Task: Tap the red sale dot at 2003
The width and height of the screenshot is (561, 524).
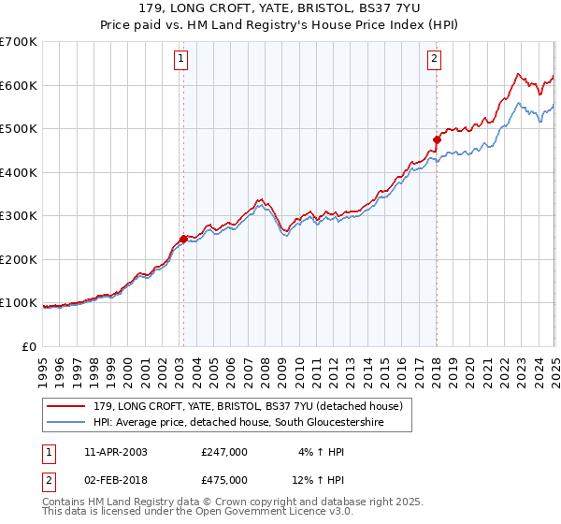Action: click(183, 239)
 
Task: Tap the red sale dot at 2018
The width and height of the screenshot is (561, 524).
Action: click(437, 139)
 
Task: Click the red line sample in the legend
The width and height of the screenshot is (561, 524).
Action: click(67, 406)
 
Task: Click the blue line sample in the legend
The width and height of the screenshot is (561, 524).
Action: click(67, 423)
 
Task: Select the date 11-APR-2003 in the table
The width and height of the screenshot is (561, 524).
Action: click(114, 452)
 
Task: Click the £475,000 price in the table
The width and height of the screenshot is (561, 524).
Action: click(223, 480)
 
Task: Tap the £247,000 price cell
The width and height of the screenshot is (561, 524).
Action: click(223, 452)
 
